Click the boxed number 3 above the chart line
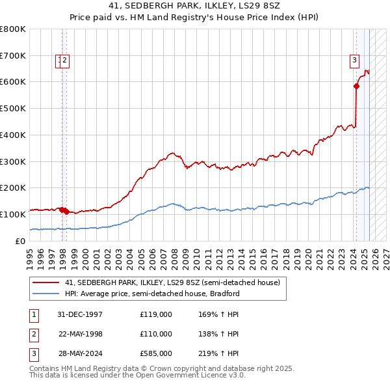(355, 61)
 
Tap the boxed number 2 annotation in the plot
(66, 61)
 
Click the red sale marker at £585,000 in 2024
(356, 86)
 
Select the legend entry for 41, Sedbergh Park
(172, 282)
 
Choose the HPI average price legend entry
(152, 294)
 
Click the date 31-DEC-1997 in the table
(80, 314)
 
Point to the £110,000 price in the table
(156, 334)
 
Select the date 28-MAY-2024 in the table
(80, 354)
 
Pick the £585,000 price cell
(156, 354)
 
